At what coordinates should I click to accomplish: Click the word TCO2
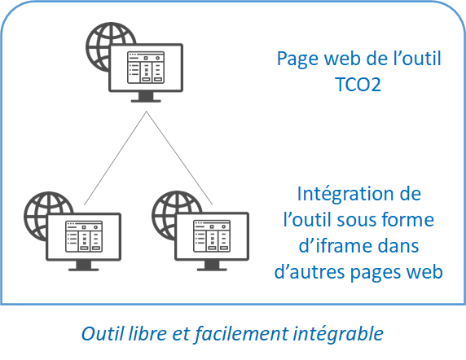[358, 85]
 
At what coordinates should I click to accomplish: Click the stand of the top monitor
[146, 97]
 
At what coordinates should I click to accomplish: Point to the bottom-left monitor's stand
[84, 266]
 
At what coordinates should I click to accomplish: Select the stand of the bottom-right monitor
[212, 266]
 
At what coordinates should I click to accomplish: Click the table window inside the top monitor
[146, 68]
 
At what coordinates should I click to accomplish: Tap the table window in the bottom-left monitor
[84, 236]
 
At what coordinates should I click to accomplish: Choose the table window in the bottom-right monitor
[212, 236]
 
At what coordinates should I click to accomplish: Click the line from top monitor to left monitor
[115, 158]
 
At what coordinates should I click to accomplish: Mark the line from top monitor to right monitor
[179, 158]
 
